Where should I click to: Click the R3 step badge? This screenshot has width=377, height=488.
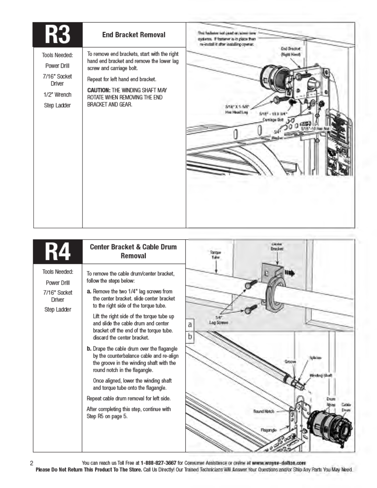[58, 35]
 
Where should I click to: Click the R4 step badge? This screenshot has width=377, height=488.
[58, 251]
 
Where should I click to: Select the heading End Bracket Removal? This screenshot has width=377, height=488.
[134, 35]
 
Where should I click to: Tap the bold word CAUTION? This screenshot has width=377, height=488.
[99, 90]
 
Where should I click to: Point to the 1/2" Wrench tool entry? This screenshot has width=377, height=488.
[57, 95]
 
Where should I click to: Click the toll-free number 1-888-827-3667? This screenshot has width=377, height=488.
[158, 463]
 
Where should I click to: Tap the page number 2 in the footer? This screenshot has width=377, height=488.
[31, 463]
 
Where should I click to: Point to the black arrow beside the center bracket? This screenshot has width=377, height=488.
[290, 273]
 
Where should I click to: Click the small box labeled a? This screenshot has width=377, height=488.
[190, 324]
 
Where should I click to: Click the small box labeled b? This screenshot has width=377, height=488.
[190, 336]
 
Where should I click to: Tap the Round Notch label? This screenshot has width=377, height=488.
[263, 411]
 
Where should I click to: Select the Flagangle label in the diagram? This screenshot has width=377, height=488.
[269, 430]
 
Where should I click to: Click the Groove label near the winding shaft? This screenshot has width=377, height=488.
[290, 361]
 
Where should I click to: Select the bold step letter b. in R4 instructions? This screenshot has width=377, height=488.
[89, 349]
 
